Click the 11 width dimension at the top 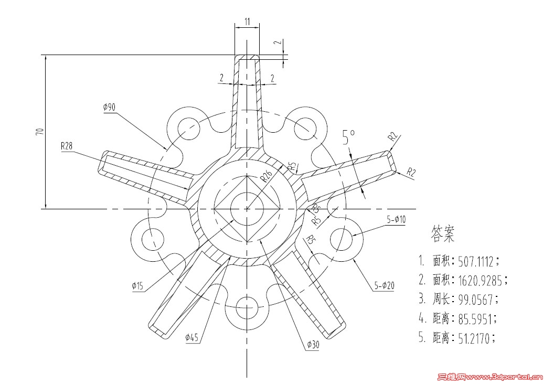pyautogui.click(x=247, y=22)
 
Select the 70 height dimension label pyautogui.click(x=39, y=131)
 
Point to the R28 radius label pyautogui.click(x=67, y=146)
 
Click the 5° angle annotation pyautogui.click(x=348, y=138)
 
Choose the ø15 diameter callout pyautogui.click(x=137, y=286)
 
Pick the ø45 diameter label pyautogui.click(x=192, y=338)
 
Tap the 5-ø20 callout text pyautogui.click(x=385, y=286)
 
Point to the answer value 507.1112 pyautogui.click(x=476, y=261)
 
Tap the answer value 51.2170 pyautogui.click(x=474, y=338)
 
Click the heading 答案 pyautogui.click(x=443, y=234)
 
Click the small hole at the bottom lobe pyautogui.click(x=247, y=308)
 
